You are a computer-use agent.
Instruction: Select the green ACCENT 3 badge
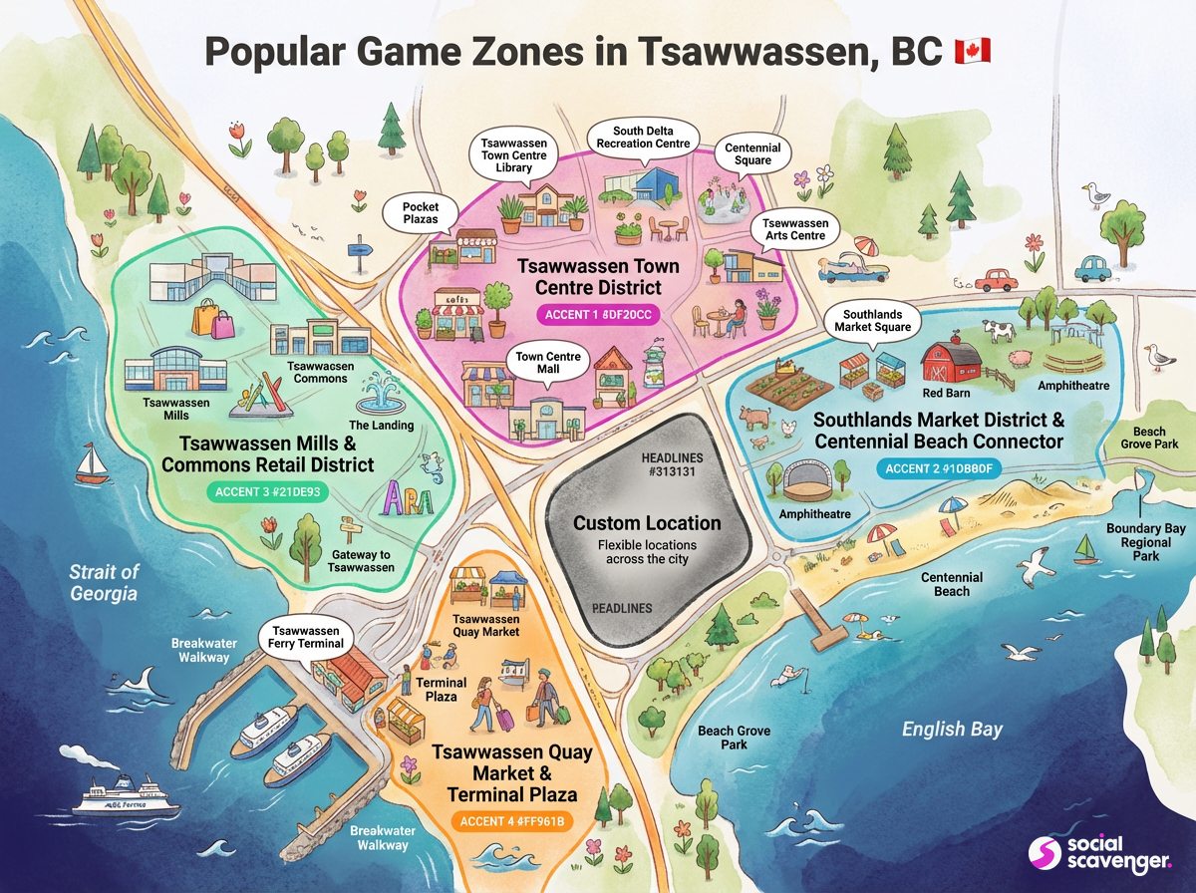268,490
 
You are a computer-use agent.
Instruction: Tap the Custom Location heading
647,523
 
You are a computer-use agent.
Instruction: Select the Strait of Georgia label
104,583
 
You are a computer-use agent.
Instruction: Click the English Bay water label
952,730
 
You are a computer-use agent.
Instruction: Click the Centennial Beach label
951,584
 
